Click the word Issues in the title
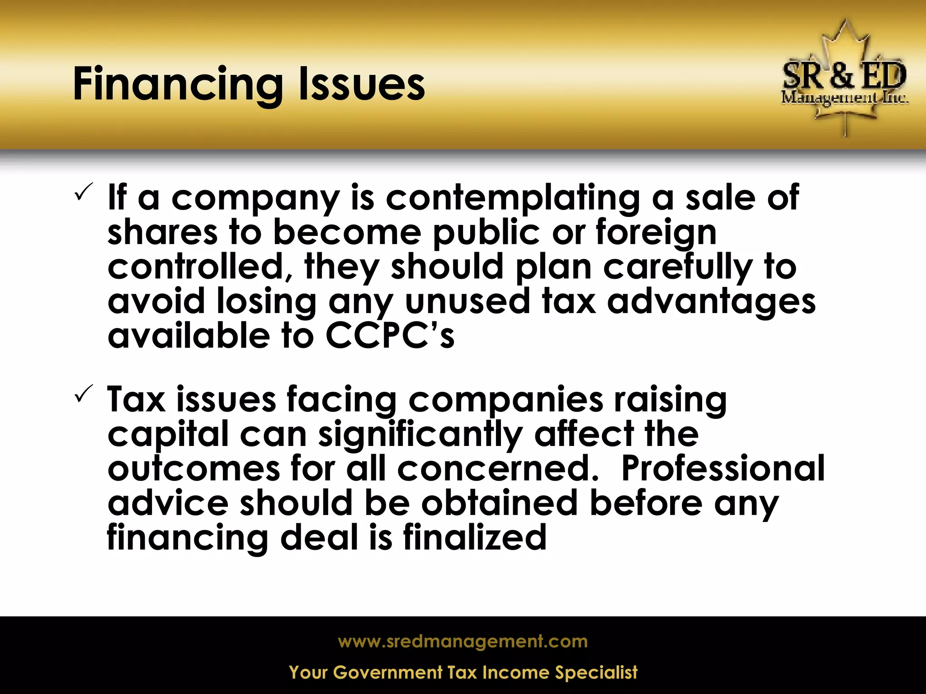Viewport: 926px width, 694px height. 362,84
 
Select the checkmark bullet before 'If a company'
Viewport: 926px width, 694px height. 84,192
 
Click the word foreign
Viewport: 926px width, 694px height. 656,233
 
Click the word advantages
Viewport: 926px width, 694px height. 711,302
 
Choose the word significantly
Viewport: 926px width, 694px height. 420,435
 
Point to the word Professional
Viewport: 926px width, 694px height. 723,469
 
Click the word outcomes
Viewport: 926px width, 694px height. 194,469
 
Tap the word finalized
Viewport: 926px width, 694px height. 475,537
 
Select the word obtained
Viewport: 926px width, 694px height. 500,503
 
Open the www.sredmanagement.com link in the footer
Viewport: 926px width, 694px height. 463,642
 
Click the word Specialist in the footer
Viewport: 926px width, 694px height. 596,672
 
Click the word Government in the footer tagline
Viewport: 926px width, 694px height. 387,672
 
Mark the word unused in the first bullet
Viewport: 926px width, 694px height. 467,301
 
